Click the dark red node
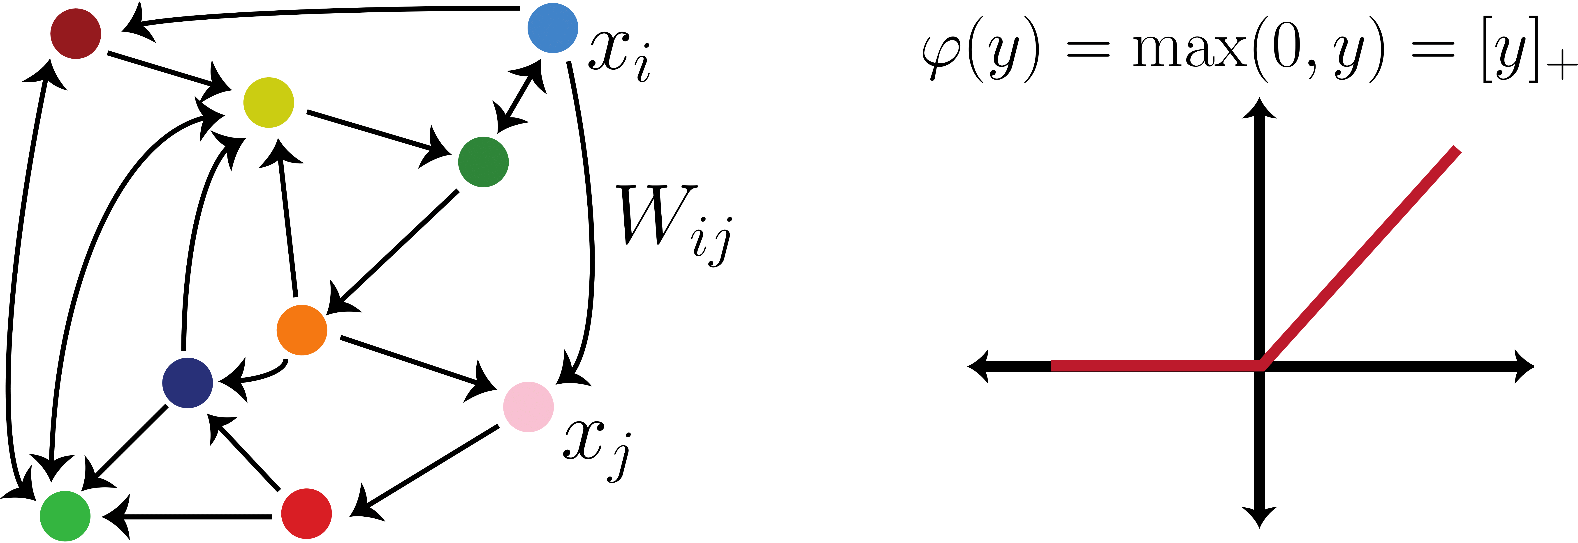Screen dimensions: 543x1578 coord(75,34)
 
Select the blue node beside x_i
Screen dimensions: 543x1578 coord(553,28)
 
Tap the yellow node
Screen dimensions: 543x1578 coord(268,102)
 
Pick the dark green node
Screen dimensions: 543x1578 coord(483,162)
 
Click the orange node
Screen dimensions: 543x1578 coord(301,330)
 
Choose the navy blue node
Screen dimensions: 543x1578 coord(188,383)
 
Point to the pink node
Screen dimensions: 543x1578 coord(528,407)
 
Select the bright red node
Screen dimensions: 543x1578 coord(306,514)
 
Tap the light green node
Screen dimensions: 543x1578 coord(65,516)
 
